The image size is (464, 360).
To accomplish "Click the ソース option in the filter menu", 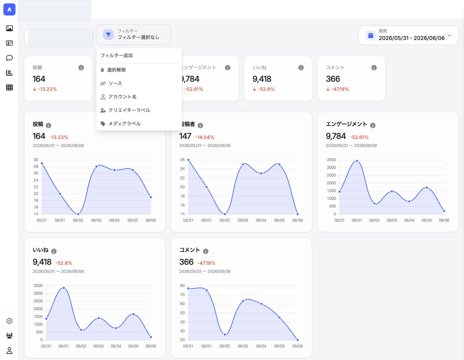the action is (x=115, y=83).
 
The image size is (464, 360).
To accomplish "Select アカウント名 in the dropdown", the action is (x=122, y=97).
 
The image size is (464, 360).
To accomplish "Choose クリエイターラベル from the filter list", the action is (x=129, y=110).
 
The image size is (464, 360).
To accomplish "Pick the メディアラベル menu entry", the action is (x=124, y=124).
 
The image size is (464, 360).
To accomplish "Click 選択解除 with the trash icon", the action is (x=117, y=70).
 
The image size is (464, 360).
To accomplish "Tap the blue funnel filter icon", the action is (x=108, y=35).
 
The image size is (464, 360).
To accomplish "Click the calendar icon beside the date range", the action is (x=371, y=35).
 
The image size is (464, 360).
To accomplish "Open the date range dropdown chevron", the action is (x=450, y=35).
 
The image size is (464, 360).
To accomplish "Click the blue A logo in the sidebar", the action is (x=9, y=9).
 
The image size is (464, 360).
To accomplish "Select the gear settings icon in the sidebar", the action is (x=9, y=321).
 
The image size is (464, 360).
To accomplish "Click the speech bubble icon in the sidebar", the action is (x=9, y=58).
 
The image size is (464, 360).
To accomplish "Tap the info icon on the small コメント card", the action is (x=374, y=68).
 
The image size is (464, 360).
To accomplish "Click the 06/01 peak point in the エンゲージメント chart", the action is (x=357, y=161).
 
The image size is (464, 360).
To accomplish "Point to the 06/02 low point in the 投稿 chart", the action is (x=78, y=214).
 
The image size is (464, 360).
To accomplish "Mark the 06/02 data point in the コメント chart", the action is (x=225, y=335).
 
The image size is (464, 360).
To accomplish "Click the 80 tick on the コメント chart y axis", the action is (x=182, y=286).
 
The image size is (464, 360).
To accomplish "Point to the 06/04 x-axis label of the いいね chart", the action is (x=116, y=346).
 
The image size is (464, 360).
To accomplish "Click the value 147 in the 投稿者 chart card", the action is (x=185, y=136).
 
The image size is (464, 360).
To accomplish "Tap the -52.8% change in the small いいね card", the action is (x=266, y=89).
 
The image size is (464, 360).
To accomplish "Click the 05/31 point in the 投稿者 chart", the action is (x=188, y=160).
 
